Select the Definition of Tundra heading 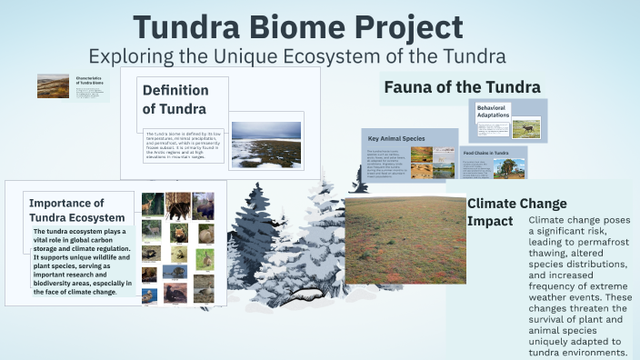click(x=175, y=100)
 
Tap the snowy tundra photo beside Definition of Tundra click(x=265, y=145)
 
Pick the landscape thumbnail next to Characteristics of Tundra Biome click(x=53, y=86)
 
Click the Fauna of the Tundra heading click(x=462, y=87)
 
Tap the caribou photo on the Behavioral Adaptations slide click(x=526, y=129)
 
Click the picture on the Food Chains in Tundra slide click(x=512, y=169)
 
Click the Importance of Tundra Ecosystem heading click(x=77, y=210)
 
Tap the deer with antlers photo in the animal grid click(x=152, y=205)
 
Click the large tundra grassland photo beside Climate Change click(x=405, y=241)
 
